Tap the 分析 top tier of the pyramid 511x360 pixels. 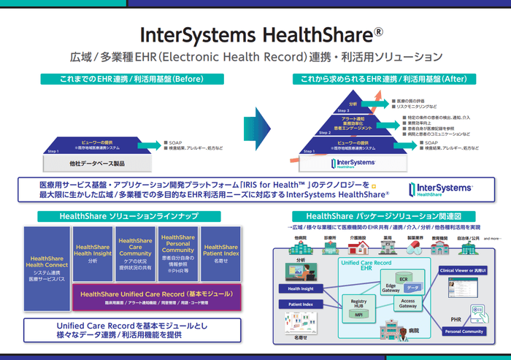coord(353,104)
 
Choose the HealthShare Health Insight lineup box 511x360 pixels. coord(92,253)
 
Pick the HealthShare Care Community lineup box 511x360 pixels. coord(135,253)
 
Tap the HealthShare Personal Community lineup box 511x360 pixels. coord(177,253)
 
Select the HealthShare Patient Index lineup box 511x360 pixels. coord(221,253)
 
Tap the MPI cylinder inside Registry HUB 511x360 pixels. coord(358,315)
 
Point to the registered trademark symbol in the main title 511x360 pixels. coord(378,33)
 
